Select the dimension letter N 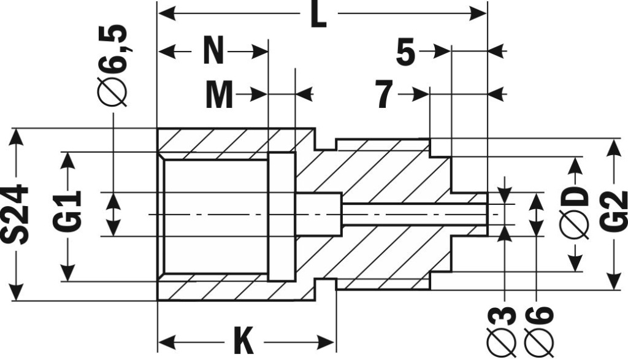coord(213,51)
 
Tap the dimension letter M coord(219,95)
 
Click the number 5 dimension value coord(405,53)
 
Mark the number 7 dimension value coord(384,95)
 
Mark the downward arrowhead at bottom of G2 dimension coord(613,280)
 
